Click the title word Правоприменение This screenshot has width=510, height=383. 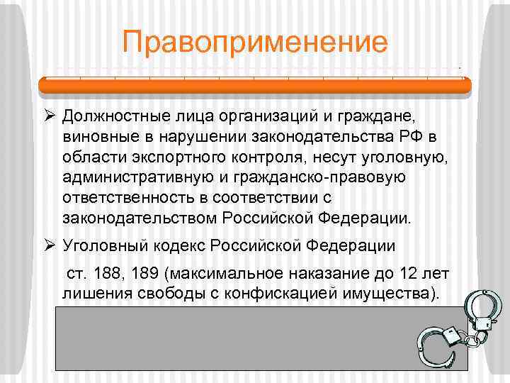pyautogui.click(x=255, y=42)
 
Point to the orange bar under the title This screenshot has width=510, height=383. pyautogui.click(x=255, y=86)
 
